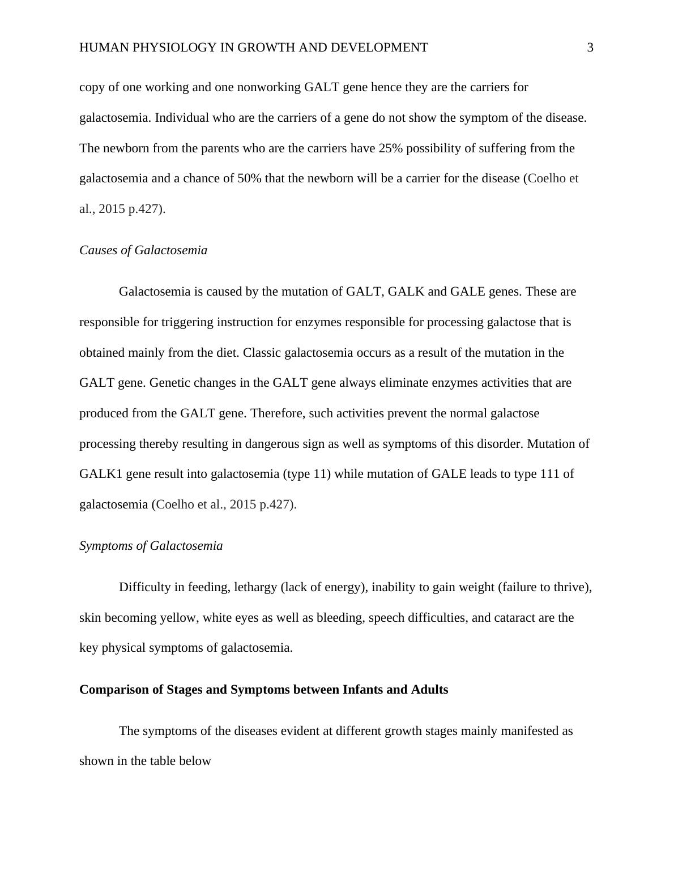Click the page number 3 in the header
tap(590, 48)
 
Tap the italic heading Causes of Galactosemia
tap(143, 250)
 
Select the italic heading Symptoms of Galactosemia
tap(151, 546)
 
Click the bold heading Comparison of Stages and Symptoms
tap(263, 690)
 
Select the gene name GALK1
tap(100, 474)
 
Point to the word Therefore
tap(278, 413)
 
